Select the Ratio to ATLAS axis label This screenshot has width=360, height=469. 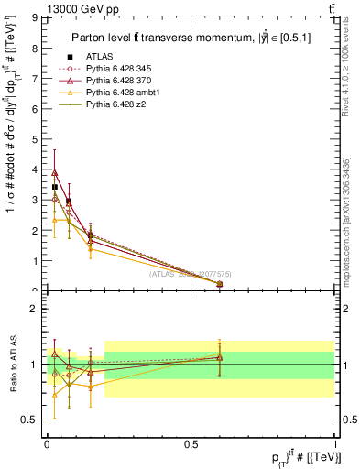(12, 364)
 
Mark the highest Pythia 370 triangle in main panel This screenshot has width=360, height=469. (55, 172)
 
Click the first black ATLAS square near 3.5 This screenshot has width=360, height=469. (55, 187)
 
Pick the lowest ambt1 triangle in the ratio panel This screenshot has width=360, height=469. (55, 395)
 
